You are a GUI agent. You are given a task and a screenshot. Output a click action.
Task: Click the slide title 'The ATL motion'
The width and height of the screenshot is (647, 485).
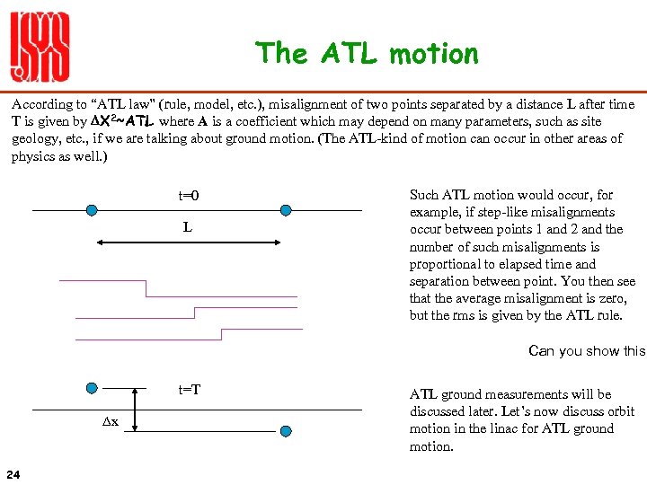pos(367,54)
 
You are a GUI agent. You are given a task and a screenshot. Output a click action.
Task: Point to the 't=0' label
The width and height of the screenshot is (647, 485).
pos(189,196)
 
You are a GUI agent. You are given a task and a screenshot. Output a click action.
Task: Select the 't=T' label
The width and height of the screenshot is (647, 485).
pos(190,389)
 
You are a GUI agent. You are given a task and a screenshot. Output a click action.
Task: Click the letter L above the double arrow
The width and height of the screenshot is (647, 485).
pos(187,227)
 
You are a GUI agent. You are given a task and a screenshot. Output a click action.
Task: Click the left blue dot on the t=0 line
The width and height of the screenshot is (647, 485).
pos(92,210)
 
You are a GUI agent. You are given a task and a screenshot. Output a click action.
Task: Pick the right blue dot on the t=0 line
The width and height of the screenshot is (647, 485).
pos(286,210)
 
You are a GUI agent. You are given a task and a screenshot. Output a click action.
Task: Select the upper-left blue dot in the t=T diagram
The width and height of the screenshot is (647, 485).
pos(92,390)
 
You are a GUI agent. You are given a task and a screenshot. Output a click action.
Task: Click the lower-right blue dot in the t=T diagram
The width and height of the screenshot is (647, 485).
pos(286,431)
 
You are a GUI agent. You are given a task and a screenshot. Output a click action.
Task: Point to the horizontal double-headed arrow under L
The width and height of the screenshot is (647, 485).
pos(188,242)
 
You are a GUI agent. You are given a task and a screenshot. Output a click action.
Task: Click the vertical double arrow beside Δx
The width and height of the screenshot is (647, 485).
pos(134,410)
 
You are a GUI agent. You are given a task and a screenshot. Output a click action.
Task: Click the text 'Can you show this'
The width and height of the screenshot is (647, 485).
pos(587,350)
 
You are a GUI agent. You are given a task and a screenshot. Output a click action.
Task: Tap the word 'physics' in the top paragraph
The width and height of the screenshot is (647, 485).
pos(34,155)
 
